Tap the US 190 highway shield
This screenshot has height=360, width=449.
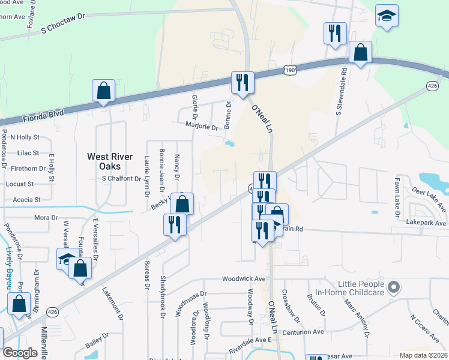290,70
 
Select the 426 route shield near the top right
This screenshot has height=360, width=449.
432,87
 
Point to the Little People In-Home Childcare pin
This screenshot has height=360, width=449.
394,288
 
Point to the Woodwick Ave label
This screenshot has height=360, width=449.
243,279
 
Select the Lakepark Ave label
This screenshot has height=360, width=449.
426,223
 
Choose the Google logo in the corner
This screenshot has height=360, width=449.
20,352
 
